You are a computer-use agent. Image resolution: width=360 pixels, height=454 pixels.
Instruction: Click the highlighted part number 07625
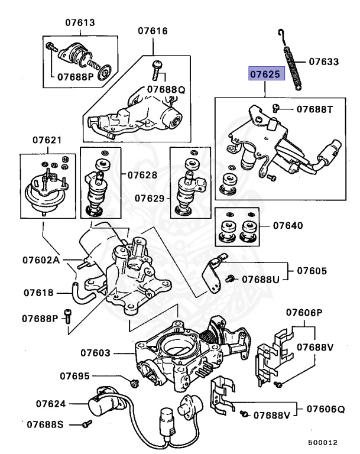pos(267,74)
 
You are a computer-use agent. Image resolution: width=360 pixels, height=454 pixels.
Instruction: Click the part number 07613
pos(80,23)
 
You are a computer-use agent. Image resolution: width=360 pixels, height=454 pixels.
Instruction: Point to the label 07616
pos(153,31)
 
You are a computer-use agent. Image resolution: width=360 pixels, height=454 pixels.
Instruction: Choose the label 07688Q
pos(167,89)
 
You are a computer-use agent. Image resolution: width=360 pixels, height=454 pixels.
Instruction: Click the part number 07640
pos(288,225)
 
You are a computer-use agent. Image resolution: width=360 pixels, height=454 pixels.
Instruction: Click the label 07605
pos(312,271)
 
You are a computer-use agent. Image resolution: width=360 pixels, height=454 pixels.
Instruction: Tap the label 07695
pos(75,375)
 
